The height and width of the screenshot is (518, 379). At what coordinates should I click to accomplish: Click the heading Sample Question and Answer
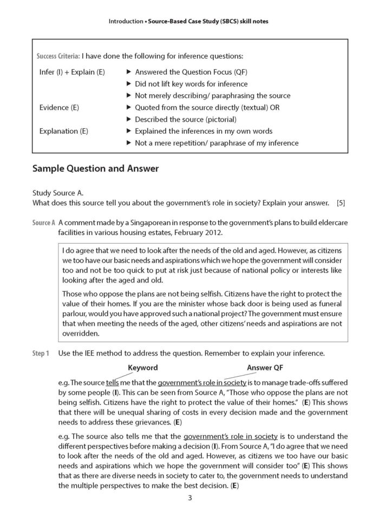[x=95, y=168]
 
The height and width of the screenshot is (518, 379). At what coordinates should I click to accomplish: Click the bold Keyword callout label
[x=142, y=368]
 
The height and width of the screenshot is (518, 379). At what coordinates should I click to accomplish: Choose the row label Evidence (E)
[x=60, y=107]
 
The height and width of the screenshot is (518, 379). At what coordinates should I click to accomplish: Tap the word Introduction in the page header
[x=126, y=21]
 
